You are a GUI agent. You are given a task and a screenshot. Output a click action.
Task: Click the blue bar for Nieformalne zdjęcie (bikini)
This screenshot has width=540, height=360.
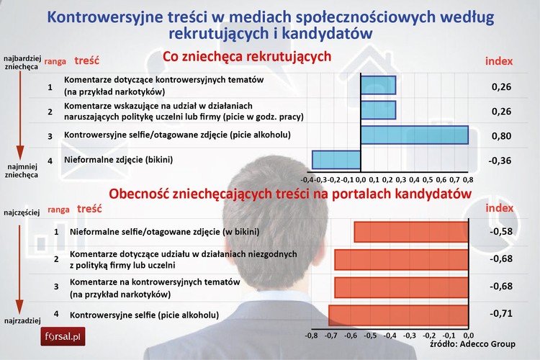[x=336, y=160]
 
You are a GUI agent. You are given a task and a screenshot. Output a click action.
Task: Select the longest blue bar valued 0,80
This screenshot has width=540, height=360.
[x=414, y=135]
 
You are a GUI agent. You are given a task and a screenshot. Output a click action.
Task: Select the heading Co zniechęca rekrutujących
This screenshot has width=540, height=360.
[x=246, y=56]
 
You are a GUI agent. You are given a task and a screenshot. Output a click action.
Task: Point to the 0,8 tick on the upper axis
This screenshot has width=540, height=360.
[x=467, y=179]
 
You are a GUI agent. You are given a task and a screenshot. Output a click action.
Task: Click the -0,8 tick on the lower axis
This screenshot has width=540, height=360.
[x=311, y=335]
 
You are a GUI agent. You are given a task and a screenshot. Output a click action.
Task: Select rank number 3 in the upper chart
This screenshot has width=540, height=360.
[x=50, y=135]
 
